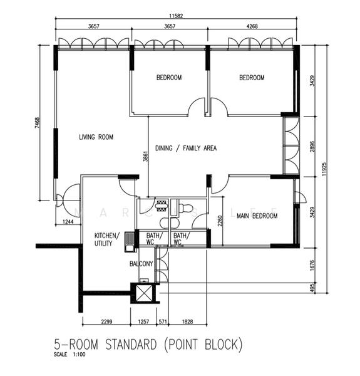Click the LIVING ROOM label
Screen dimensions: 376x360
pos(96,137)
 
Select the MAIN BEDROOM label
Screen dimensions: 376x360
pos(257,216)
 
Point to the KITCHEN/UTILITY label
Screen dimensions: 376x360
pos(105,239)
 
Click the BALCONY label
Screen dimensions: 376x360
pos(141,264)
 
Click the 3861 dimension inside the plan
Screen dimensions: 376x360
pos(145,157)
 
